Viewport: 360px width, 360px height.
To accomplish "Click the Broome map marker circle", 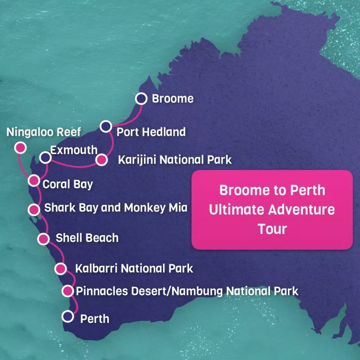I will tap(141, 99).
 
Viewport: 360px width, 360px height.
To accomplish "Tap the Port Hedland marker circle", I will tap(106, 126).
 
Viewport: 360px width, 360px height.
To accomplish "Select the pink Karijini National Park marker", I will tap(101, 160).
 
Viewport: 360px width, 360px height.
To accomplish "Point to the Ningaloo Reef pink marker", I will tap(20, 148).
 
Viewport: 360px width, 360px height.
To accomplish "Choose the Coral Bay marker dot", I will tap(34, 181).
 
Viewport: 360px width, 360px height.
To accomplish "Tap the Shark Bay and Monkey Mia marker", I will tap(34, 209).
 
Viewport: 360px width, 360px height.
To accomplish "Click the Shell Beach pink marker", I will tap(43, 238).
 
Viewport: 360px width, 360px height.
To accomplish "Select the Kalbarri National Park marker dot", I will tap(60, 268).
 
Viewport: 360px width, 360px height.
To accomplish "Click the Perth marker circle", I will tap(68, 316).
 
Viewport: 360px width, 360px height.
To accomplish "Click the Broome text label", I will tap(172, 99).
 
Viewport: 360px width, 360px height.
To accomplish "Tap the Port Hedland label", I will tap(151, 132).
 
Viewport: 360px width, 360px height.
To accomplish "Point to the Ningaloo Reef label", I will tap(44, 132).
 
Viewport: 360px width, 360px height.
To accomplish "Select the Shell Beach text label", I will tap(87, 238).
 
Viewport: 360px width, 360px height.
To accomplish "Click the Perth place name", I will tap(95, 319).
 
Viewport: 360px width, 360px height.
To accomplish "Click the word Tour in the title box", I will tap(272, 229).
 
